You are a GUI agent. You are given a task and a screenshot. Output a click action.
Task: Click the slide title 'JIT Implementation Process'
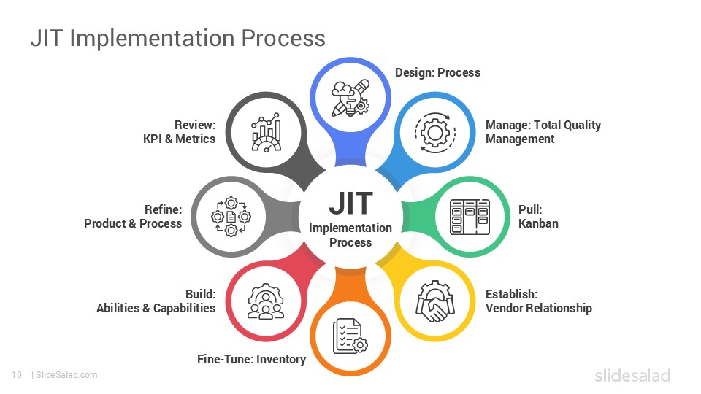click(x=177, y=38)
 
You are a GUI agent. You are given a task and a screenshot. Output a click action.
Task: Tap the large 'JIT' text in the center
click(x=350, y=204)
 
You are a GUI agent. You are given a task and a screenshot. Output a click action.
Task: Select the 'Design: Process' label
click(x=437, y=72)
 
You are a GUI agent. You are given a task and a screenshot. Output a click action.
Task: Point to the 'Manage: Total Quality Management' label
click(x=543, y=132)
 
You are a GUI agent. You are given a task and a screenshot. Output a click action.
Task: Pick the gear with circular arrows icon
click(x=434, y=132)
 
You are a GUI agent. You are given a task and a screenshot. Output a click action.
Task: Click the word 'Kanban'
click(x=538, y=223)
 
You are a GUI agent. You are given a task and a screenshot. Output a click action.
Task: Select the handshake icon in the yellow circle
click(x=434, y=301)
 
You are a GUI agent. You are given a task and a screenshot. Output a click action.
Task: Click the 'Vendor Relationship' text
click(x=538, y=308)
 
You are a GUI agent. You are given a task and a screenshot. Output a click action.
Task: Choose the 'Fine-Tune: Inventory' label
click(x=251, y=359)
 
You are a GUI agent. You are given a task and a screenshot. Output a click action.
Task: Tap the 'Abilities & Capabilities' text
click(x=156, y=308)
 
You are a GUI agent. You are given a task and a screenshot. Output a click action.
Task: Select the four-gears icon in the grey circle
click(x=231, y=217)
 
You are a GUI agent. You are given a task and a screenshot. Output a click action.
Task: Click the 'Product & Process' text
click(x=133, y=223)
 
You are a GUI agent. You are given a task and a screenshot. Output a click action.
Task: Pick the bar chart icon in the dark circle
click(x=266, y=132)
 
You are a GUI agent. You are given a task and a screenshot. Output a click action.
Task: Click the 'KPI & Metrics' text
click(x=179, y=139)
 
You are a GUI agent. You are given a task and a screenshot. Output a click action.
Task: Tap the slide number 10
click(x=16, y=375)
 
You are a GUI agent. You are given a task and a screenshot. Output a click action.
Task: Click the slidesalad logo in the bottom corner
click(x=632, y=375)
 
